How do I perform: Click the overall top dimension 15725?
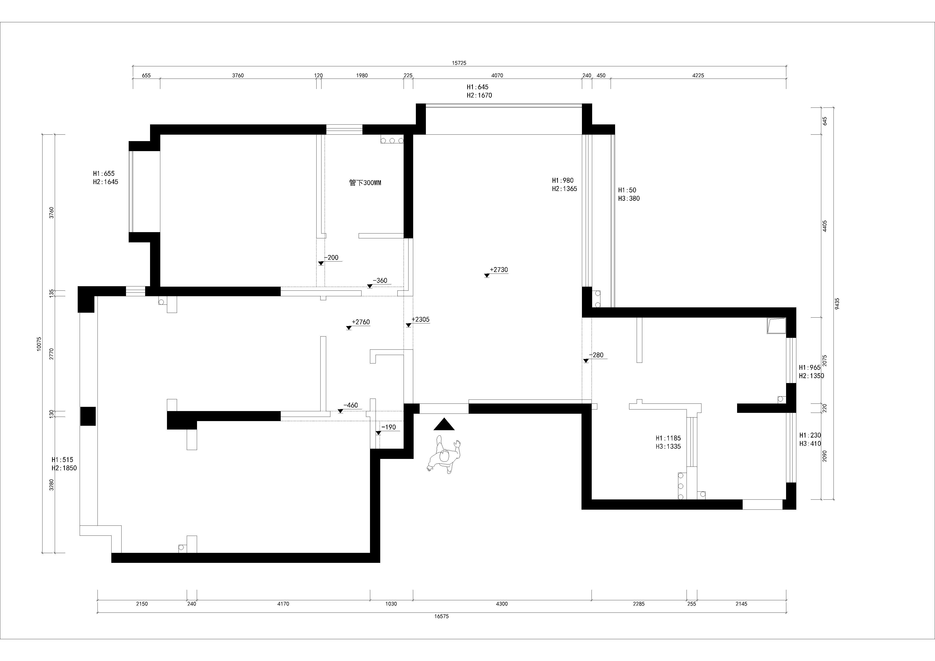(x=459, y=63)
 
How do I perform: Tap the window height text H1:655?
(x=104, y=173)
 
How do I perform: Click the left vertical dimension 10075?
(x=39, y=344)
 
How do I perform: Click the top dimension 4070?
(x=497, y=75)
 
